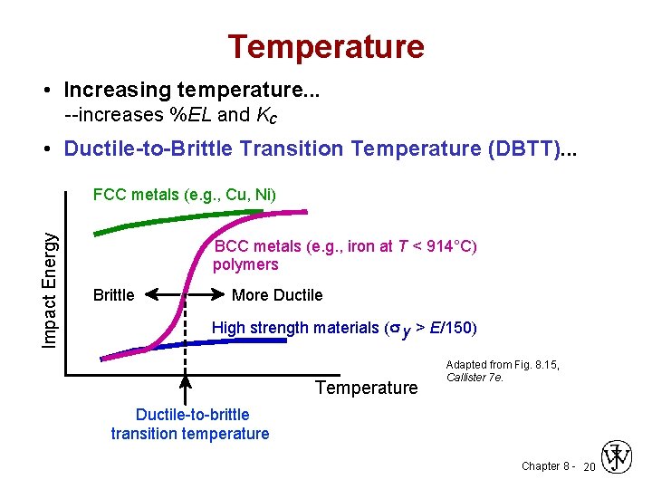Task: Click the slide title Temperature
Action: coord(325,46)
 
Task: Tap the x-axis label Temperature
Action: coord(367,388)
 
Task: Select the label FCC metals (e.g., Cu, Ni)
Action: coord(186,195)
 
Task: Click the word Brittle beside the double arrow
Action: coord(114,295)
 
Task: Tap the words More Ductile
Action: coord(277,295)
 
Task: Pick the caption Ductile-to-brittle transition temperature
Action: coord(191,424)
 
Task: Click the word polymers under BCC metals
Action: coord(245,264)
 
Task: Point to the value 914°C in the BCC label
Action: coord(450,246)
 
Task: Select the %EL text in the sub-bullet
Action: coord(189,115)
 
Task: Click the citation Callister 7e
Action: coord(475,378)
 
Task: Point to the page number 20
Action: coord(589,466)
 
